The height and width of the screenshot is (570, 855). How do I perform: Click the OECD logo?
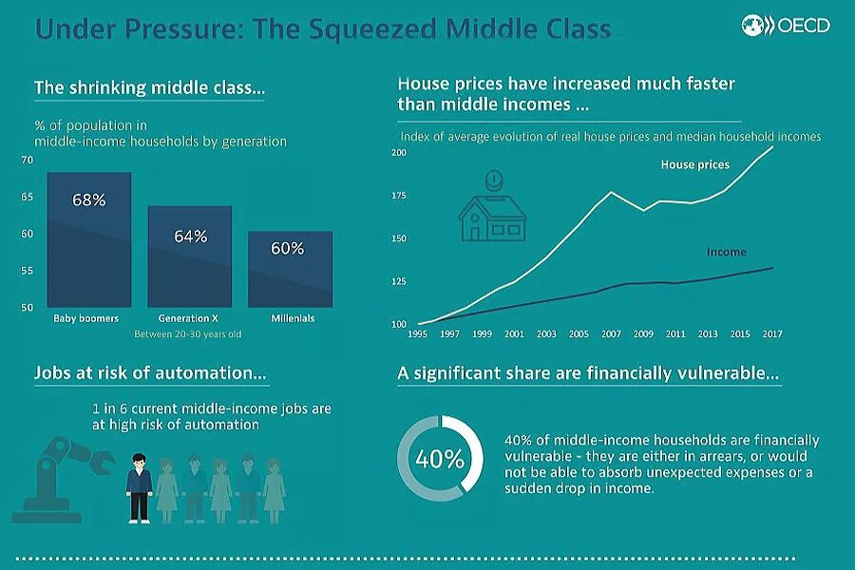coord(788,26)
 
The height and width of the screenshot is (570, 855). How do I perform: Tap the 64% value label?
coord(190,237)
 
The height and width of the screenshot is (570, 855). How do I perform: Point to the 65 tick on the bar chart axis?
coord(28,197)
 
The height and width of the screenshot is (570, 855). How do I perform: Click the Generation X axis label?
coord(190,318)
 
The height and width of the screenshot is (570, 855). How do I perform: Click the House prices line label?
coord(695,165)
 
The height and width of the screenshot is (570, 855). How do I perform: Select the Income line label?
coord(727,253)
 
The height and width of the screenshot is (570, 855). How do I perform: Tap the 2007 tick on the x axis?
coord(610,334)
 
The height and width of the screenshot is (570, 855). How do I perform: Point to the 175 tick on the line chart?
coord(398,196)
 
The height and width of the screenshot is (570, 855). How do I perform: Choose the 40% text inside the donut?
coord(440,459)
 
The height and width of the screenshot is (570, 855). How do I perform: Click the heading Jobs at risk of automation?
coord(150,373)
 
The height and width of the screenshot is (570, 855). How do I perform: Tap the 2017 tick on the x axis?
coord(772,334)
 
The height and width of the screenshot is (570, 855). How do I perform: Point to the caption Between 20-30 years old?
coord(187,333)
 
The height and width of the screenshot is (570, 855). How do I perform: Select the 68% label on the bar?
coord(88,201)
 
